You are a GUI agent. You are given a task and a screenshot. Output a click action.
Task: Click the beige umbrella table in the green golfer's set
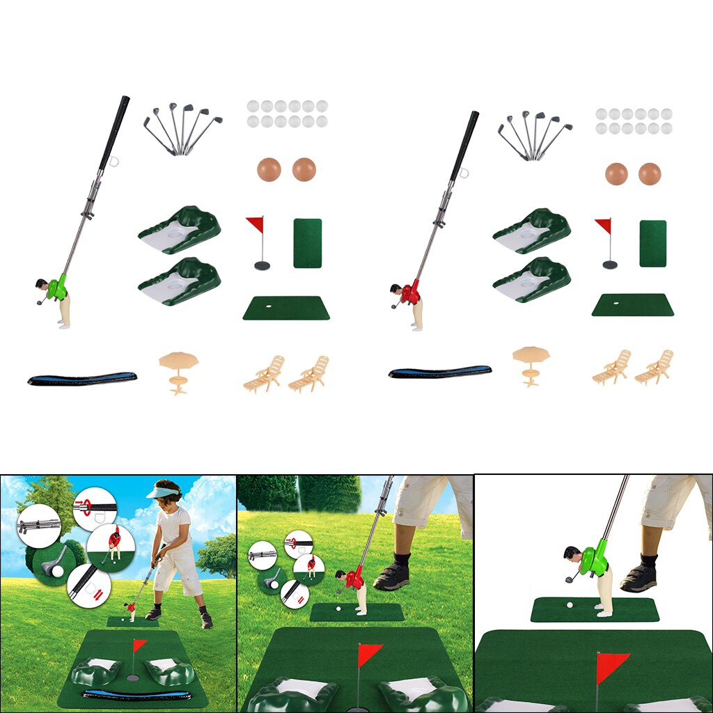178,369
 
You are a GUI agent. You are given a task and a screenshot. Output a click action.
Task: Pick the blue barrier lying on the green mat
136,694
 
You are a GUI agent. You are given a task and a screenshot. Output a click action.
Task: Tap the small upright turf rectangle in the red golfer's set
652,243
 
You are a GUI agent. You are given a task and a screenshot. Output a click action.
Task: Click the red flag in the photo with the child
140,645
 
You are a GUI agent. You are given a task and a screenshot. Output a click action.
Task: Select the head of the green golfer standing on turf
572,554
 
